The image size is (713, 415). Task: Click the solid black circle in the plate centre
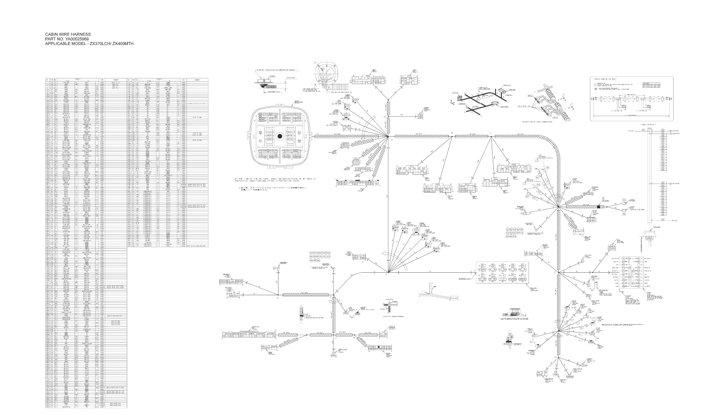281,137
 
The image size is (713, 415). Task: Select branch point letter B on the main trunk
451,134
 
